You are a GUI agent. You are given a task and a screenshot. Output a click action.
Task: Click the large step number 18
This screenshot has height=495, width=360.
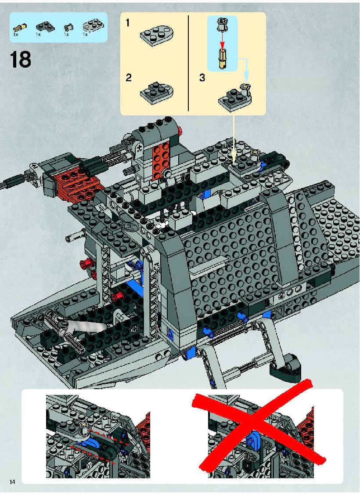click(21, 59)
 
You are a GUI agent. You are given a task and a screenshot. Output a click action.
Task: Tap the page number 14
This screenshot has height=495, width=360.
click(12, 482)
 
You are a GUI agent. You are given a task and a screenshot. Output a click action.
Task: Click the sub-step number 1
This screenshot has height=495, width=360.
click(127, 22)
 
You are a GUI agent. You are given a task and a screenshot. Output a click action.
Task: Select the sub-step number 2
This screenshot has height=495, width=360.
click(128, 78)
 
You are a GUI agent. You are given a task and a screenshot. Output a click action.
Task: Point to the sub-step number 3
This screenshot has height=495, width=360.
click(202, 77)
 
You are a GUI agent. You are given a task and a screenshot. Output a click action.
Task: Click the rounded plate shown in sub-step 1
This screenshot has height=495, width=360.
click(157, 36)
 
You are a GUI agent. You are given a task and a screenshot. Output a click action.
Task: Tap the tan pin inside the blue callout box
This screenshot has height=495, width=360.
click(223, 59)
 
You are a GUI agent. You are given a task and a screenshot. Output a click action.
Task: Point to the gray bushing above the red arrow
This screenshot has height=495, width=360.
click(222, 25)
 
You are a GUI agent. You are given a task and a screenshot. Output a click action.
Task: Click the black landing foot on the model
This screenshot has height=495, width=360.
click(285, 364)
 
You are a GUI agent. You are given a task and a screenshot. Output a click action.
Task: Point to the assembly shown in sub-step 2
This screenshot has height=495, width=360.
click(157, 91)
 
